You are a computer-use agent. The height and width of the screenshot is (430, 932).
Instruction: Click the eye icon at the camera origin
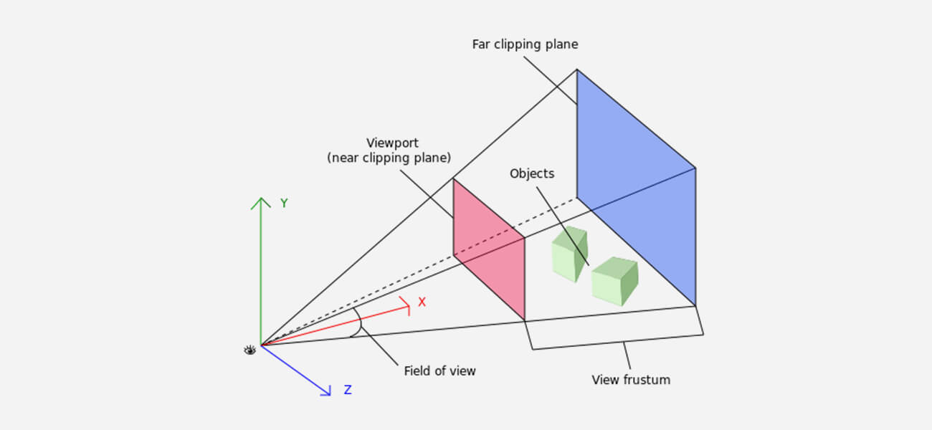[x=249, y=350]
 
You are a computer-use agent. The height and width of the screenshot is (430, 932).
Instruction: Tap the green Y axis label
[x=284, y=204]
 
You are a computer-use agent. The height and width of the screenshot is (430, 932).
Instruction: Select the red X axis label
[x=422, y=302]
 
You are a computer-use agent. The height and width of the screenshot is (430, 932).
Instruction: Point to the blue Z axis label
[x=348, y=390]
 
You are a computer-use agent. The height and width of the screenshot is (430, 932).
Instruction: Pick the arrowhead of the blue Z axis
[x=326, y=391]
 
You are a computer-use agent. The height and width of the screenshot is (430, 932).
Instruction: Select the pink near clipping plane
[x=488, y=248]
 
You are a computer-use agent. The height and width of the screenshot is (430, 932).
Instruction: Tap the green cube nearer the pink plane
[x=569, y=255]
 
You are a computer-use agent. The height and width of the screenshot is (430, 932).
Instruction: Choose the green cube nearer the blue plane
[x=614, y=281]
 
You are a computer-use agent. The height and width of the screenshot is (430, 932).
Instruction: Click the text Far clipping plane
[x=525, y=44]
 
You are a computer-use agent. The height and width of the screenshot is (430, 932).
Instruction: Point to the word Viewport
[x=392, y=143]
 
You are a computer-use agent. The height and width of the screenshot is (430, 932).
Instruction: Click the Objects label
[x=532, y=173]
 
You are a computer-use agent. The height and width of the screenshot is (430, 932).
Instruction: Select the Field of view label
[x=439, y=371]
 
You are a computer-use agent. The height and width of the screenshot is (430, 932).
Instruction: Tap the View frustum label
[x=631, y=380]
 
